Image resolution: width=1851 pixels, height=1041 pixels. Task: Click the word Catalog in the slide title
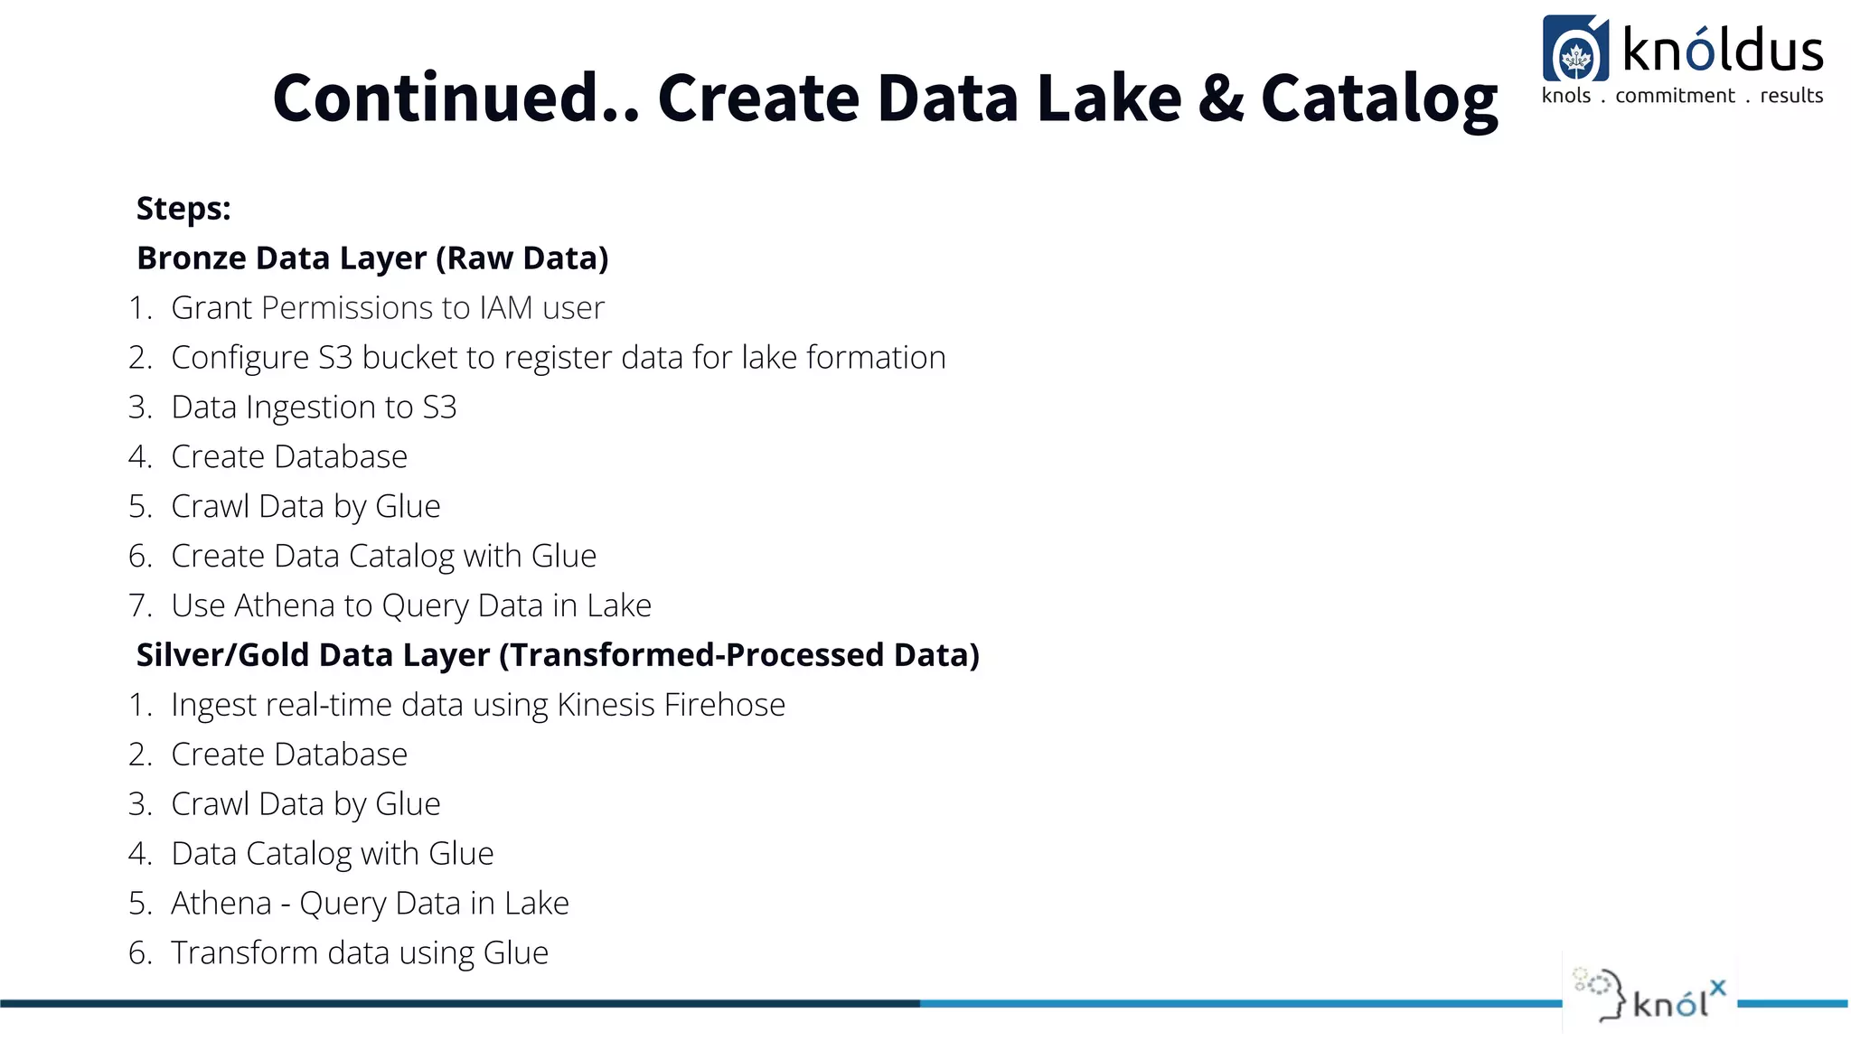coord(1379,98)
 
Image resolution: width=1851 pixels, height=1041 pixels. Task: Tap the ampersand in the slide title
coord(1220,98)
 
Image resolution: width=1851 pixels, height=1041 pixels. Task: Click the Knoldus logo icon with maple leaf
coord(1575,50)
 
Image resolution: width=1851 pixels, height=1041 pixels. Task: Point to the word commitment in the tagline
coord(1675,96)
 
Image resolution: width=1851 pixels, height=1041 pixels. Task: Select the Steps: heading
coord(183,209)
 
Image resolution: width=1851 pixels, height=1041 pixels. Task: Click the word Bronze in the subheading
coord(191,258)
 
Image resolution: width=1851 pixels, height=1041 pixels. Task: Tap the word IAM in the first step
coord(506,308)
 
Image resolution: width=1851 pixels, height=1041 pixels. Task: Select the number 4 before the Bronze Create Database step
coord(139,457)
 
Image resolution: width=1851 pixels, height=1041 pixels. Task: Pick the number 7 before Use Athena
coord(139,605)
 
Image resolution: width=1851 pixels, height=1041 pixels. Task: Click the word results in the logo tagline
coord(1791,96)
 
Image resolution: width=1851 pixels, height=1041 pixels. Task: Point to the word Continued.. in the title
coord(456,98)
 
